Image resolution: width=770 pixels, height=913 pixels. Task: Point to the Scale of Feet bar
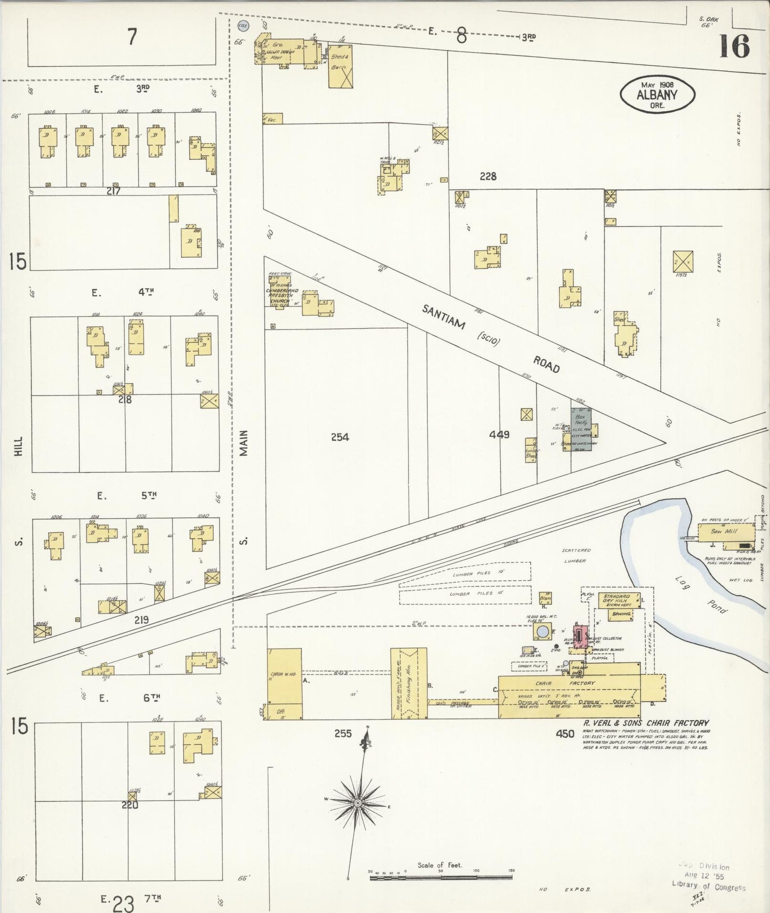tap(441, 876)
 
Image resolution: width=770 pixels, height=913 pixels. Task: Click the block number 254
tap(339, 437)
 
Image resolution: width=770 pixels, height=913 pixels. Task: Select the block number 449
tap(499, 435)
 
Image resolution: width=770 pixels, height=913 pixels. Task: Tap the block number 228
tap(488, 176)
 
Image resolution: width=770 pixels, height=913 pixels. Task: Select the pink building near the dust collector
tap(579, 634)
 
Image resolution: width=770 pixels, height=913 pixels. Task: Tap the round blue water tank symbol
tap(542, 632)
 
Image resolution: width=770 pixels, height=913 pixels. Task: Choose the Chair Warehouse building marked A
tap(284, 683)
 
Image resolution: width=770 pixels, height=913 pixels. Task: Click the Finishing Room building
tap(409, 683)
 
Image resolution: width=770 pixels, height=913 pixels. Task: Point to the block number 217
tap(113, 191)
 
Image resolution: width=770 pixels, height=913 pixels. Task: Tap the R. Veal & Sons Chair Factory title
tap(646, 723)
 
